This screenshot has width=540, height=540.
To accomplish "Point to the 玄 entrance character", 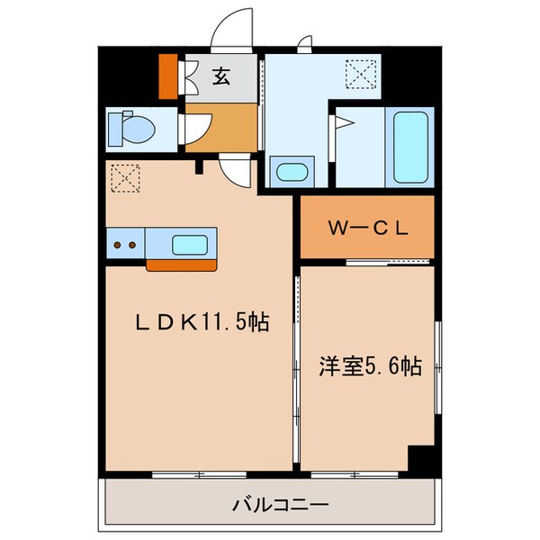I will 221,76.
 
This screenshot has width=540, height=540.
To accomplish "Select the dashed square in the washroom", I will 364,72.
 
